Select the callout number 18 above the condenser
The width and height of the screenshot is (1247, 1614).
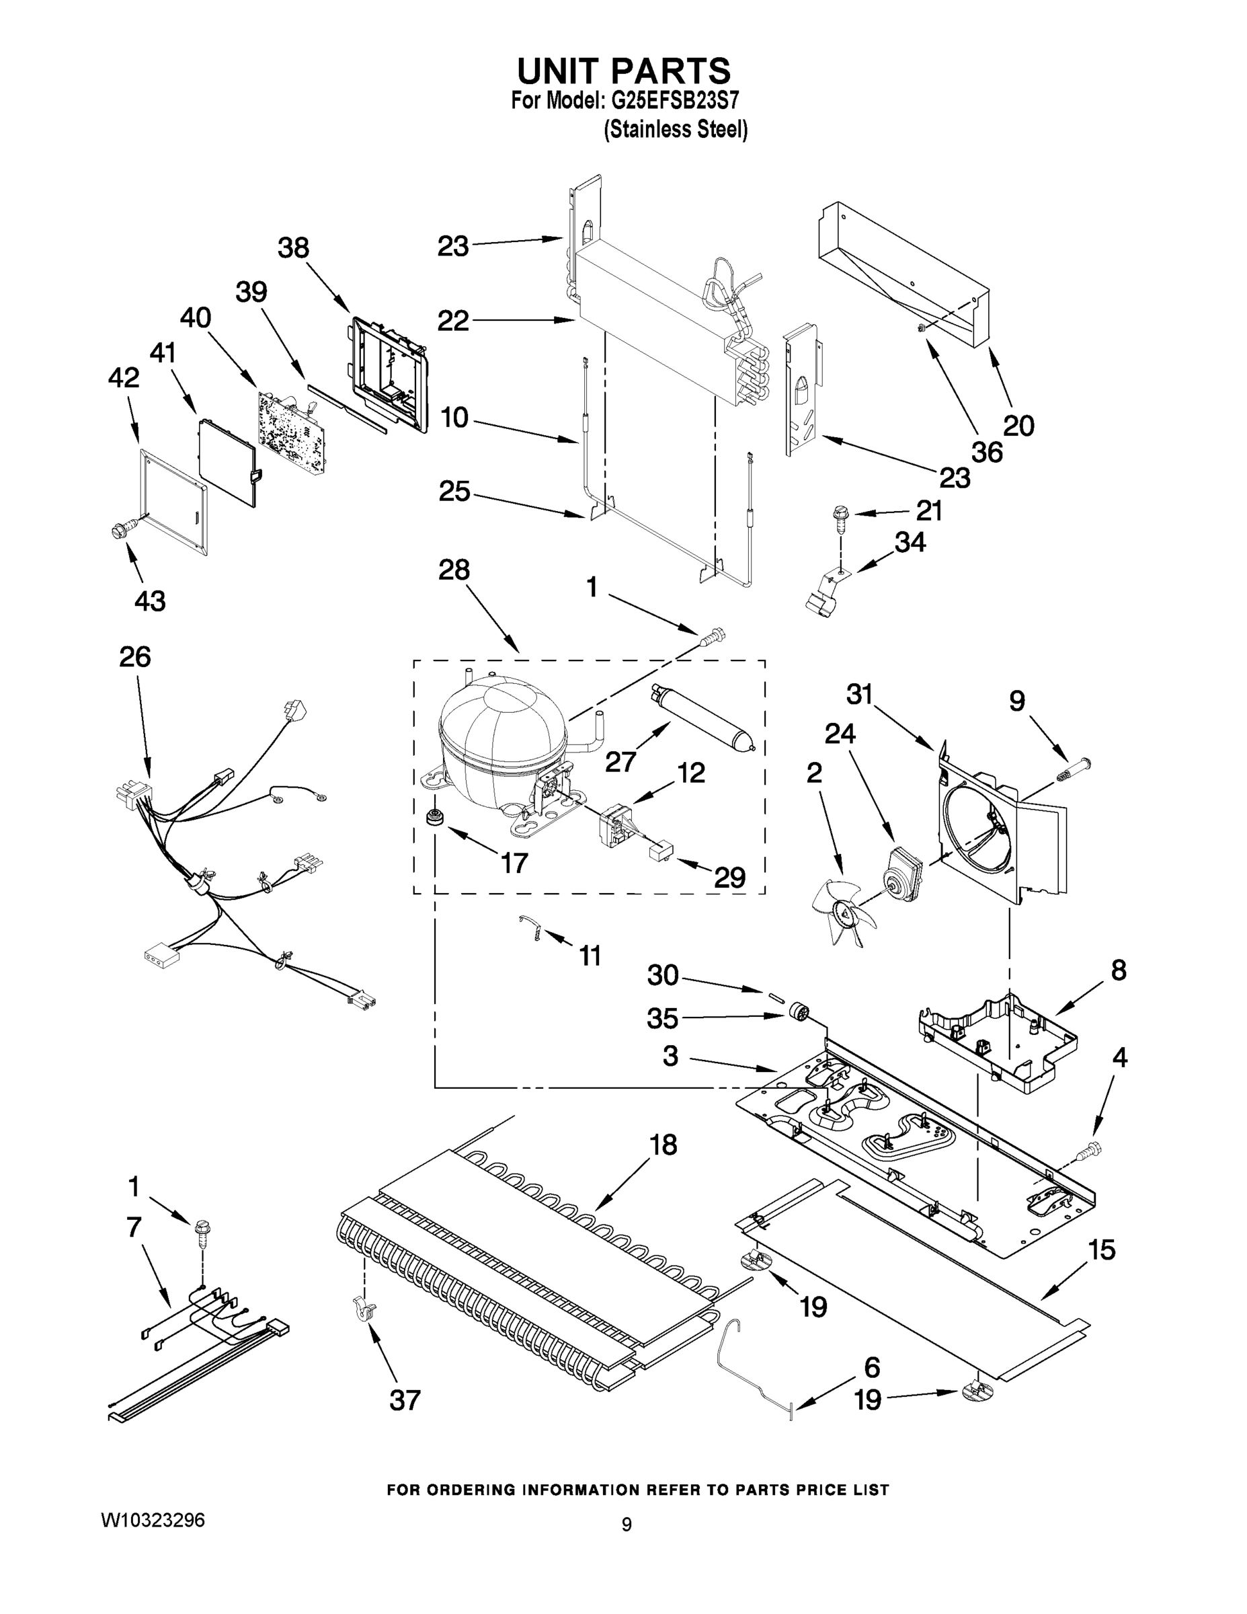[663, 1145]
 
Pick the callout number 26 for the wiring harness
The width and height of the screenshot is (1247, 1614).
[134, 656]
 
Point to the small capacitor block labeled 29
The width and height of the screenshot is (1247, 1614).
[659, 852]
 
